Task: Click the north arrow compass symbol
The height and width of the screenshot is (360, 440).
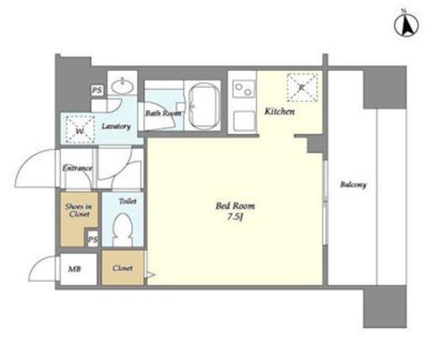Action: point(406,25)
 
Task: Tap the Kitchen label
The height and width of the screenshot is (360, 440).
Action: point(279,112)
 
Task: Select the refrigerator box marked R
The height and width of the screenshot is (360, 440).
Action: point(302,87)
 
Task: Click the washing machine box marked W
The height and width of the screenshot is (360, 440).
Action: point(80,130)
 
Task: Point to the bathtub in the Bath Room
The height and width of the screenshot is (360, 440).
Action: point(204,107)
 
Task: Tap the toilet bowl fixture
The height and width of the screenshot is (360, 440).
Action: point(123,230)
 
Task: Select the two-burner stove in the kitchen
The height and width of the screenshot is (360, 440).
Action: point(244,89)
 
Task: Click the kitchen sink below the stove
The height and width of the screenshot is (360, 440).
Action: point(244,122)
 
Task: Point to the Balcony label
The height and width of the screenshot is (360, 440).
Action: point(353,185)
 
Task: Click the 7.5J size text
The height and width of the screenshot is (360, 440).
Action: point(235,217)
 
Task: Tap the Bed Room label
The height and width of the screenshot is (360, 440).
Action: point(235,206)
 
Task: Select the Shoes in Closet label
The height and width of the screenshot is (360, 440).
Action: point(79,210)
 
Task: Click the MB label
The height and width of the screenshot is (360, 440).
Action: point(74,269)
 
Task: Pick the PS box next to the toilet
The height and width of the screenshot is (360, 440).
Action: point(92,239)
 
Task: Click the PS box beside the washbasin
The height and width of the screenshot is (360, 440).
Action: point(97,91)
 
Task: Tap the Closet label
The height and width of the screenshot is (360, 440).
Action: point(123,268)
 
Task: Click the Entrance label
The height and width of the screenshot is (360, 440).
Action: point(77,169)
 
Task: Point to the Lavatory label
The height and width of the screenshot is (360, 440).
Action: point(116,126)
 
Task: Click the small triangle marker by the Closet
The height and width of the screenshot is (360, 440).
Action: point(150,274)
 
